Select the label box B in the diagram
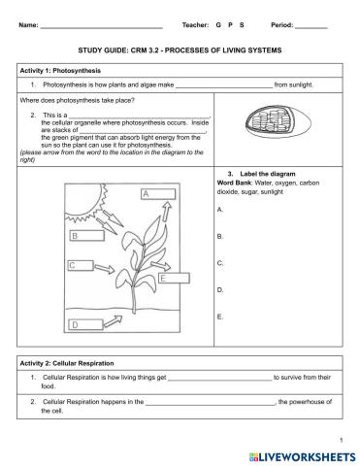(x=85, y=235)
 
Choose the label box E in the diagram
(x=175, y=279)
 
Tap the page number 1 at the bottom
(x=344, y=437)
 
